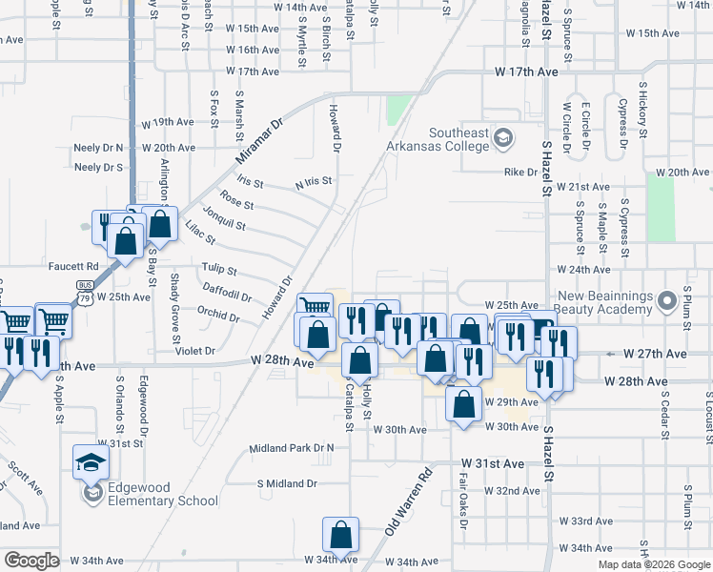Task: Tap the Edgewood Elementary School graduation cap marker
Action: click(92, 462)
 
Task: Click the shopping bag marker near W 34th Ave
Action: click(340, 537)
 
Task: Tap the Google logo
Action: click(31, 561)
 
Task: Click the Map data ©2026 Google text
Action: click(654, 564)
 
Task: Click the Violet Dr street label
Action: click(196, 351)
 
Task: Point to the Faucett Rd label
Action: click(78, 266)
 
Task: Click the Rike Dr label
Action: click(520, 173)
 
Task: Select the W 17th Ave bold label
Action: click(526, 72)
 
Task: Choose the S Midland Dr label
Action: click(287, 483)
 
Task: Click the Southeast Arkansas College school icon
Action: click(501, 140)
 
